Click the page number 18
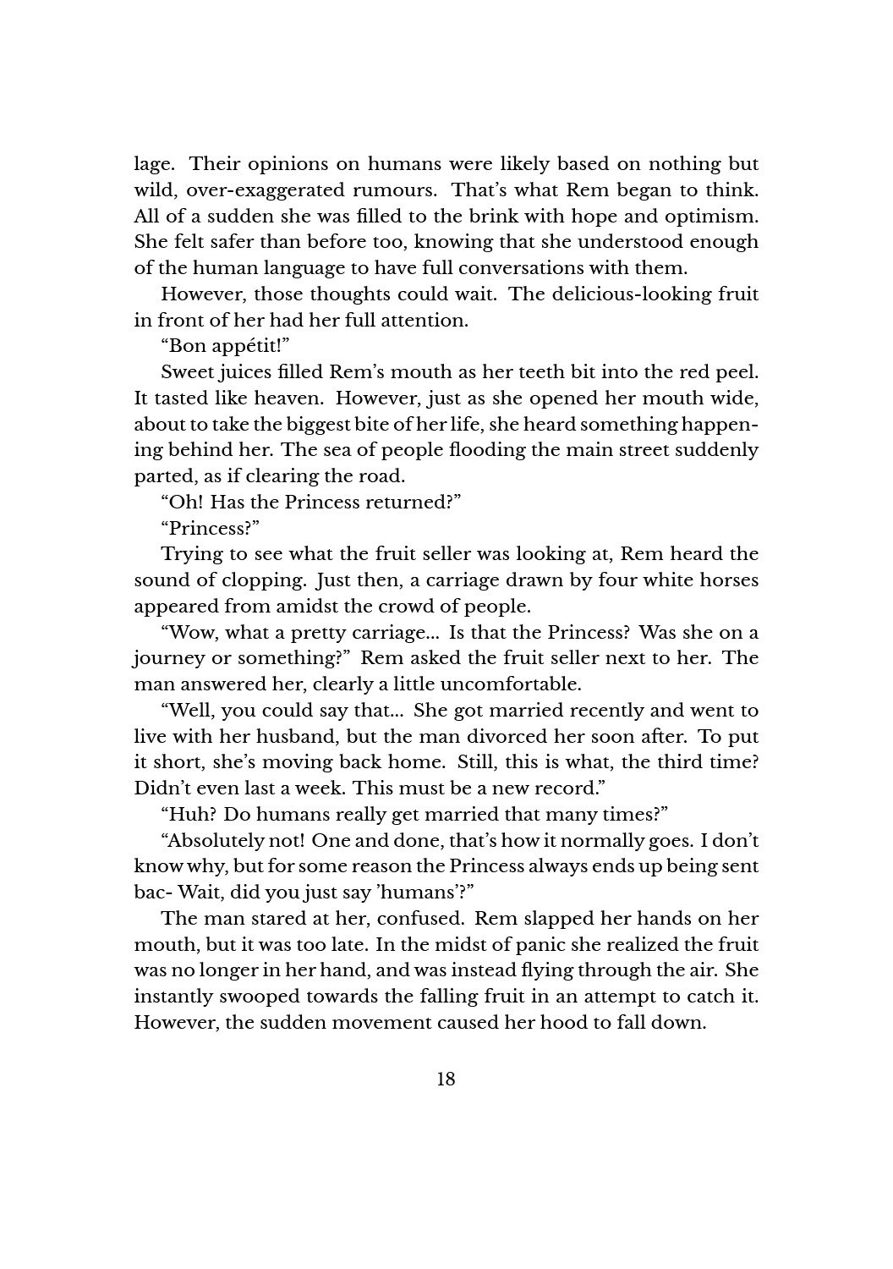[x=446, y=1079]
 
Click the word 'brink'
[x=475, y=216]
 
